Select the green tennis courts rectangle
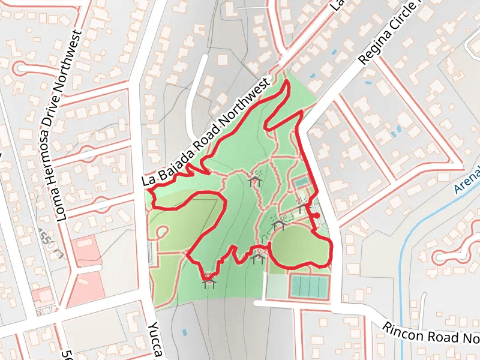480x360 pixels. (309, 287)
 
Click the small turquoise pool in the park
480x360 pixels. (301, 181)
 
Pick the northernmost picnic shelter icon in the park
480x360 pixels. (255, 178)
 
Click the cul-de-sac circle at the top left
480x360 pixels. (22, 67)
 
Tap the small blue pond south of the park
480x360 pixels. (184, 332)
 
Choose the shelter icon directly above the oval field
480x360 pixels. (278, 224)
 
